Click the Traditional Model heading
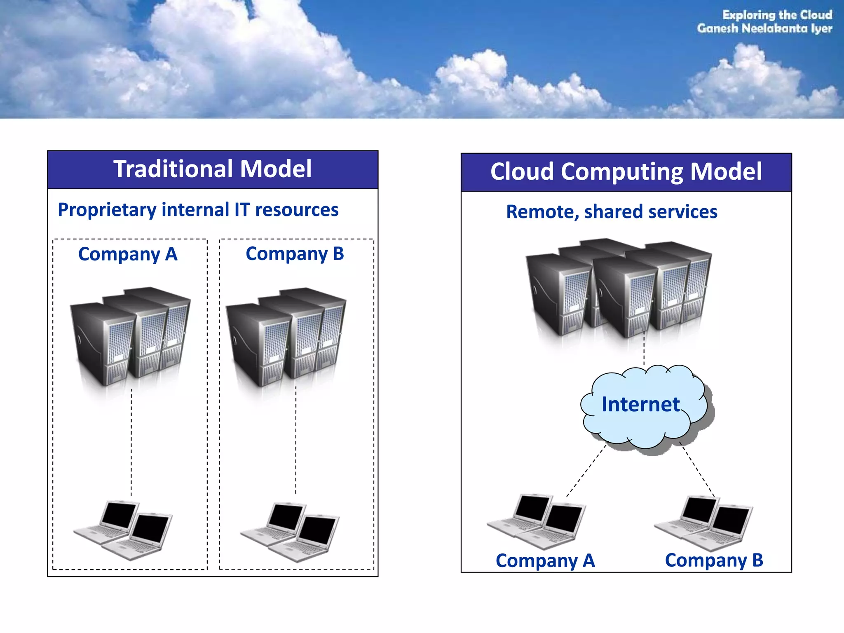tap(212, 169)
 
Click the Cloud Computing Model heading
tap(626, 171)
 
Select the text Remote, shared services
tap(612, 212)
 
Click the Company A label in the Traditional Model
tap(128, 254)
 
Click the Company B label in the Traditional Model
tap(295, 254)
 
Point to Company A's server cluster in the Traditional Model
tap(130, 336)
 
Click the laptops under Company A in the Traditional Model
tap(123, 530)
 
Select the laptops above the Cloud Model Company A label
tap(536, 521)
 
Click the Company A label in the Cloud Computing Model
tap(545, 561)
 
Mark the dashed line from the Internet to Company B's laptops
tap(697, 470)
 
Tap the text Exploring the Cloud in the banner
tap(777, 15)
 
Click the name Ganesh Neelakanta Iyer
tap(764, 28)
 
